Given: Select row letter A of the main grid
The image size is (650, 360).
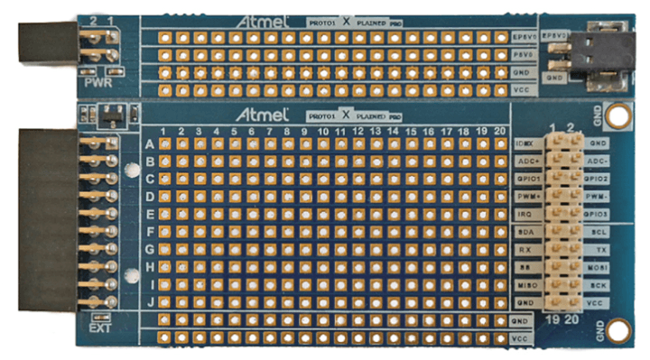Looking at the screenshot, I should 149,144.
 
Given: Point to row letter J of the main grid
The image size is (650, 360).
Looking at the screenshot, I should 149,301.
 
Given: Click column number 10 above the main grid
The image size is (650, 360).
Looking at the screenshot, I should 322,132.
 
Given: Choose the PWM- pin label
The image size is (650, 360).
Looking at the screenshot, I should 597,195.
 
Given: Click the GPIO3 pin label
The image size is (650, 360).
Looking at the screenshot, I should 597,213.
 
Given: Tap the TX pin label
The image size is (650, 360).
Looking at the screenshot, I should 597,248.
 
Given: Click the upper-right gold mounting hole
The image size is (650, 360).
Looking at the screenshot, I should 617,115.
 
